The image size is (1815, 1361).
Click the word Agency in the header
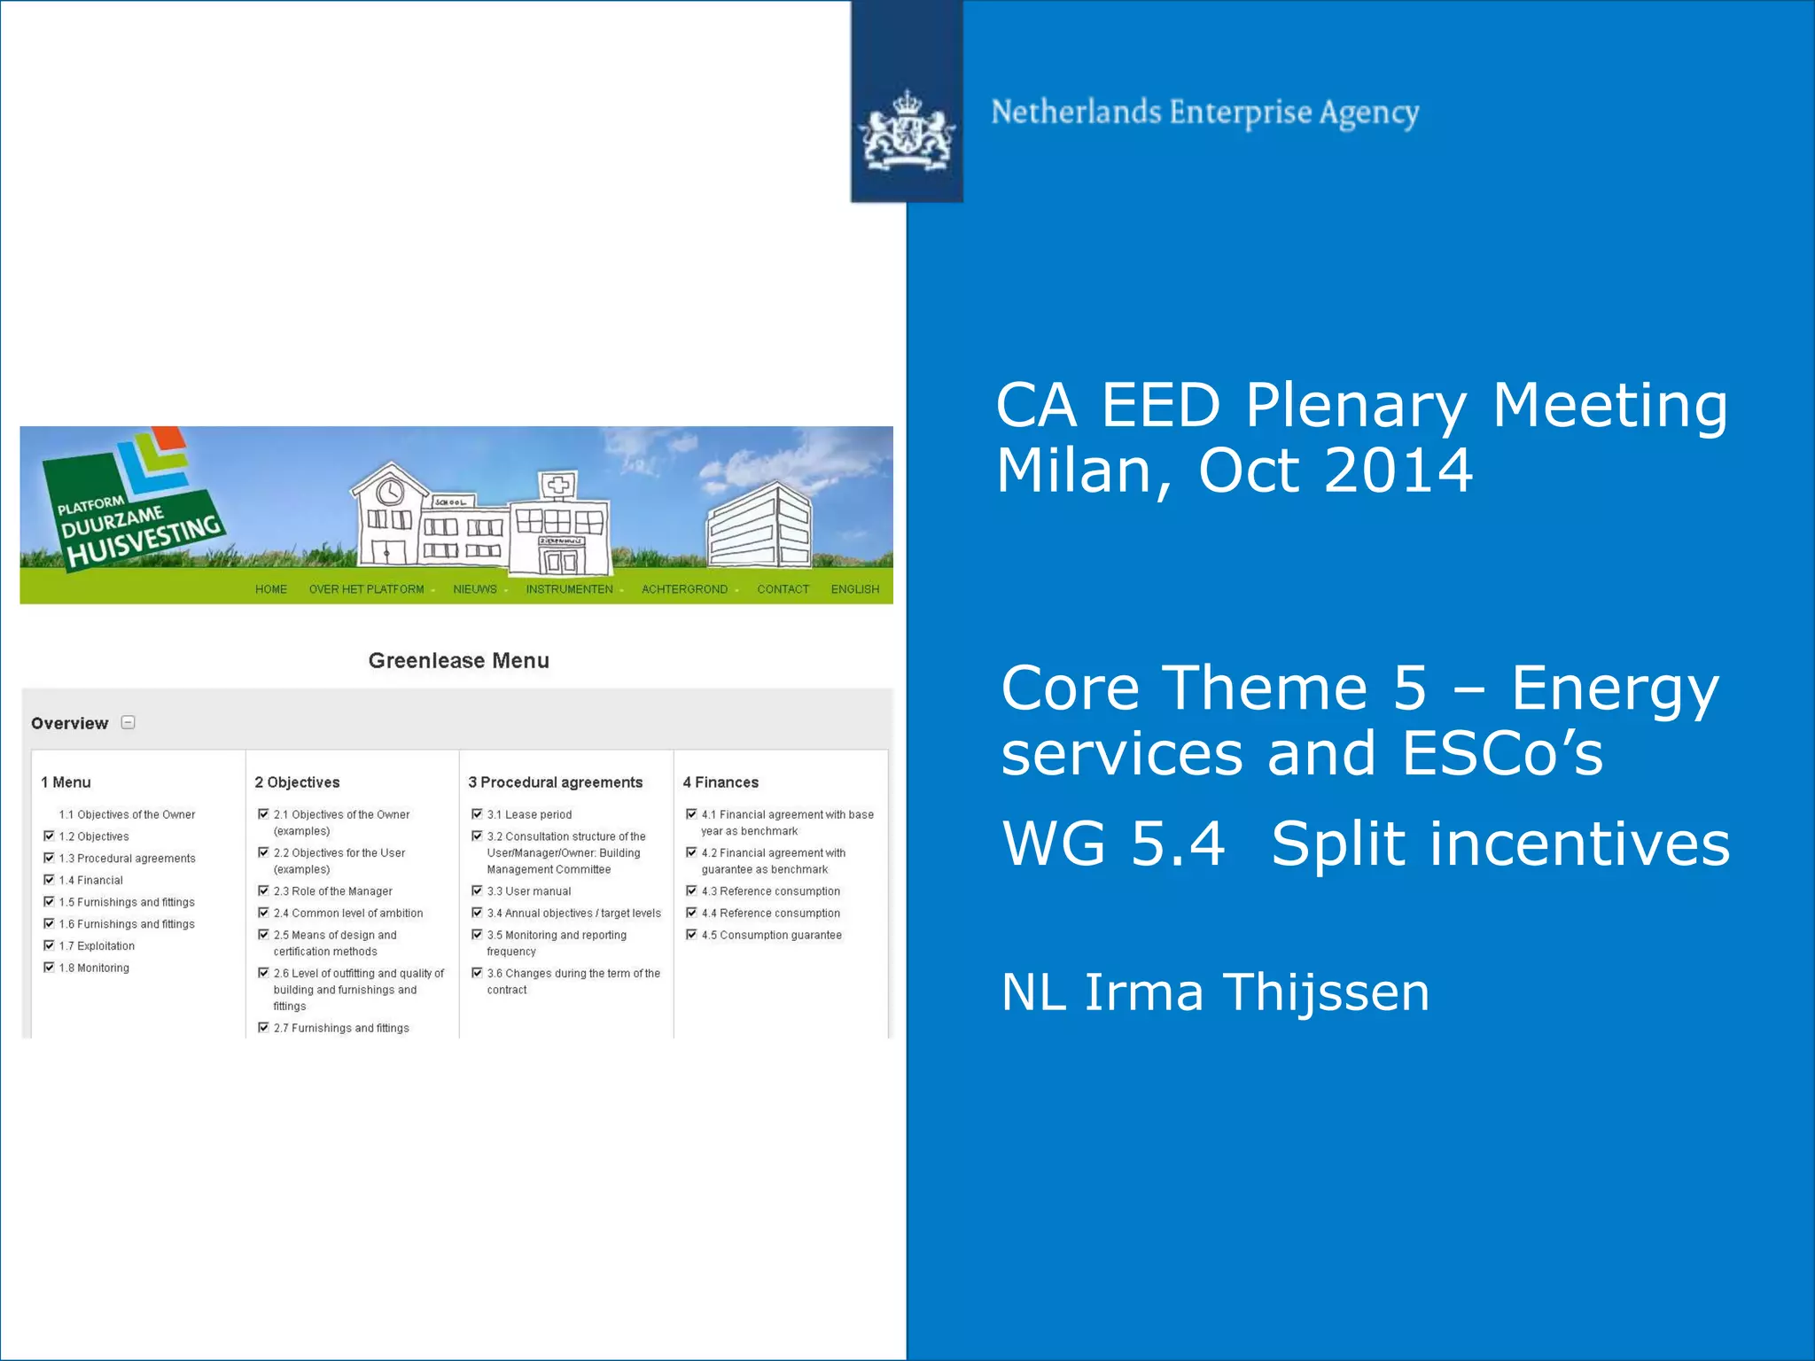pos(1369,113)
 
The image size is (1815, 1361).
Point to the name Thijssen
pos(1326,992)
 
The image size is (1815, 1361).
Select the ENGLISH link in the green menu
pos(854,589)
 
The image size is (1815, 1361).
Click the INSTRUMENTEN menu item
pos(569,589)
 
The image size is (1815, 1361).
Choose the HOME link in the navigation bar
pos(270,589)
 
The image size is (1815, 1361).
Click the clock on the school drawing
pos(390,491)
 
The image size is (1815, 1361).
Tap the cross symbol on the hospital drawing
pos(558,485)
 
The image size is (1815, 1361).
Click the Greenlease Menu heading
pos(458,660)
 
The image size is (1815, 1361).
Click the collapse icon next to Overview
pos(128,722)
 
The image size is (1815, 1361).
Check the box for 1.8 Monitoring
pos(50,967)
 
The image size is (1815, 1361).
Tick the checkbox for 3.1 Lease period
pos(477,813)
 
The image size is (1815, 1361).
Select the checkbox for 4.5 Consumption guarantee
pos(691,934)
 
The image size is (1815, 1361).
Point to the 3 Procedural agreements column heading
pos(555,782)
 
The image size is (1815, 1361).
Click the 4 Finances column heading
pos(721,782)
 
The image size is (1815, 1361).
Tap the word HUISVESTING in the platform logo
pos(144,541)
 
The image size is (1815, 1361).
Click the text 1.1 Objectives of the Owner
pos(127,814)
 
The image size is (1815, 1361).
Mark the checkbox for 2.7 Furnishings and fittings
pos(263,1027)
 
